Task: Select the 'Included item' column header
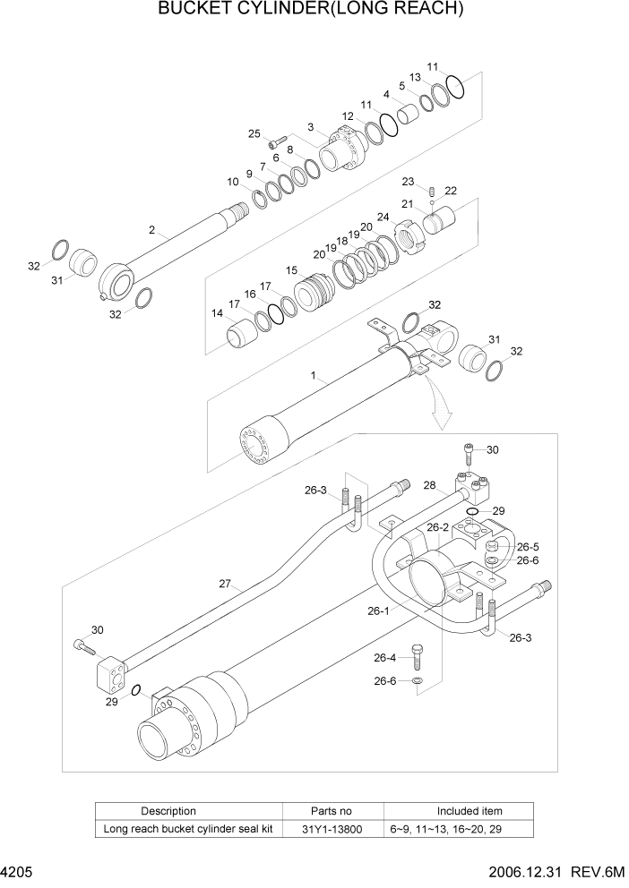coord(469,811)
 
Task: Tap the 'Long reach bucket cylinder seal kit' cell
coord(187,829)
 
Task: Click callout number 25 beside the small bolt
coord(254,133)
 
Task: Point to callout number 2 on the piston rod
coord(152,230)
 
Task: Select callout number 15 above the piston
coord(291,269)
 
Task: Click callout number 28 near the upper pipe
coord(429,486)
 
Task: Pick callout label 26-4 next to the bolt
coord(385,658)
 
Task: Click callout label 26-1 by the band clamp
coord(377,612)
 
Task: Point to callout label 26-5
coord(528,546)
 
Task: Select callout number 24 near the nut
coord(383,217)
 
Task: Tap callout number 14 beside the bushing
coord(218,313)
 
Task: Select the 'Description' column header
coord(168,811)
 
